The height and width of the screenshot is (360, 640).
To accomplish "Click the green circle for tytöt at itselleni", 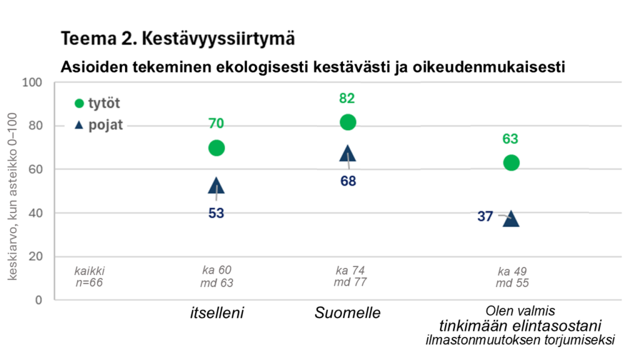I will tap(216, 148).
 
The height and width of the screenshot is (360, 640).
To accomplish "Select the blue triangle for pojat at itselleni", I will tap(216, 186).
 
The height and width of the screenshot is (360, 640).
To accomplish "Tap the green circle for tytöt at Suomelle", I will tap(348, 122).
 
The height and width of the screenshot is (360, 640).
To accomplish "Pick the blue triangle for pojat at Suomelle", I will tap(348, 154).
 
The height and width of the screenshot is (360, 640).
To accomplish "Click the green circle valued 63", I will tap(511, 162).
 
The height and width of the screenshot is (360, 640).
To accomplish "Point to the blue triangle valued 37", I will tap(511, 219).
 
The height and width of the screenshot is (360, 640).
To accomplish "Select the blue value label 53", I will tap(216, 213).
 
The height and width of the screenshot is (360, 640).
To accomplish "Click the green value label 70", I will tap(216, 124).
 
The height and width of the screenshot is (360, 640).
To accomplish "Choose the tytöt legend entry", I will tap(97, 103).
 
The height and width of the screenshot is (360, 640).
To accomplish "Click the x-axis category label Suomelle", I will tap(347, 313).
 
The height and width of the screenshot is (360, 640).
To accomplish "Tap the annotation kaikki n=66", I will tap(88, 277).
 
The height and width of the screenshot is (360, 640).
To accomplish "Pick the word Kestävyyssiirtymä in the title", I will tap(219, 39).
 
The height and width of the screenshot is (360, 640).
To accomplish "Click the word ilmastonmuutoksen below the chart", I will tap(475, 341).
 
